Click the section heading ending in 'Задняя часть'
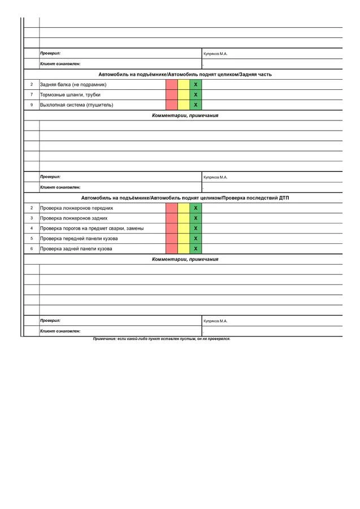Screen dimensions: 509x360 pyautogui.click(x=185, y=75)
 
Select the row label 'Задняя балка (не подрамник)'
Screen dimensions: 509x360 pyautogui.click(x=73, y=85)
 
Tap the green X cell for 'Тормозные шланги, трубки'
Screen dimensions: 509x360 pyautogui.click(x=196, y=95)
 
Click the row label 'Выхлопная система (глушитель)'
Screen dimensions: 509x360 pyautogui.click(x=76, y=105)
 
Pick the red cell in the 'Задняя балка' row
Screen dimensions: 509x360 pyautogui.click(x=172, y=85)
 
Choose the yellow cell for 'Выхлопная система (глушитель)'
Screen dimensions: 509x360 pyautogui.click(x=184, y=105)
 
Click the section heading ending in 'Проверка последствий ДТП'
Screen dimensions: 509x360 pyautogui.click(x=185, y=198)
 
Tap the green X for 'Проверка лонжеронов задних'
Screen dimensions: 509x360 pyautogui.click(x=196, y=218)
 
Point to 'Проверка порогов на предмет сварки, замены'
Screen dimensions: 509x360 pyautogui.click(x=92, y=228)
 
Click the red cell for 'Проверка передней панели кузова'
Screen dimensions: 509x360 pyautogui.click(x=172, y=239)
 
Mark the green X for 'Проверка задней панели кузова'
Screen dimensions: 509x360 pyautogui.click(x=196, y=249)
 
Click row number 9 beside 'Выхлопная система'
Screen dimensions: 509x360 pyautogui.click(x=32, y=105)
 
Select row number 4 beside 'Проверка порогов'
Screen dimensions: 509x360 pyautogui.click(x=32, y=228)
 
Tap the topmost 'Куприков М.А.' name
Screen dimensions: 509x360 pyautogui.click(x=215, y=54)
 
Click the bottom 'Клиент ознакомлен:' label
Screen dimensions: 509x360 pyautogui.click(x=60, y=331)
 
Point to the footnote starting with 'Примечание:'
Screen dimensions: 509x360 pyautogui.click(x=162, y=339)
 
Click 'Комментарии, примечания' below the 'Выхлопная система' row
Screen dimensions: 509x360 pyautogui.click(x=185, y=115)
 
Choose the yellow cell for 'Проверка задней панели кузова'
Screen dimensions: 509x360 pyautogui.click(x=184, y=249)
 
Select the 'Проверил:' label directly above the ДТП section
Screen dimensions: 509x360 pyautogui.click(x=50, y=177)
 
